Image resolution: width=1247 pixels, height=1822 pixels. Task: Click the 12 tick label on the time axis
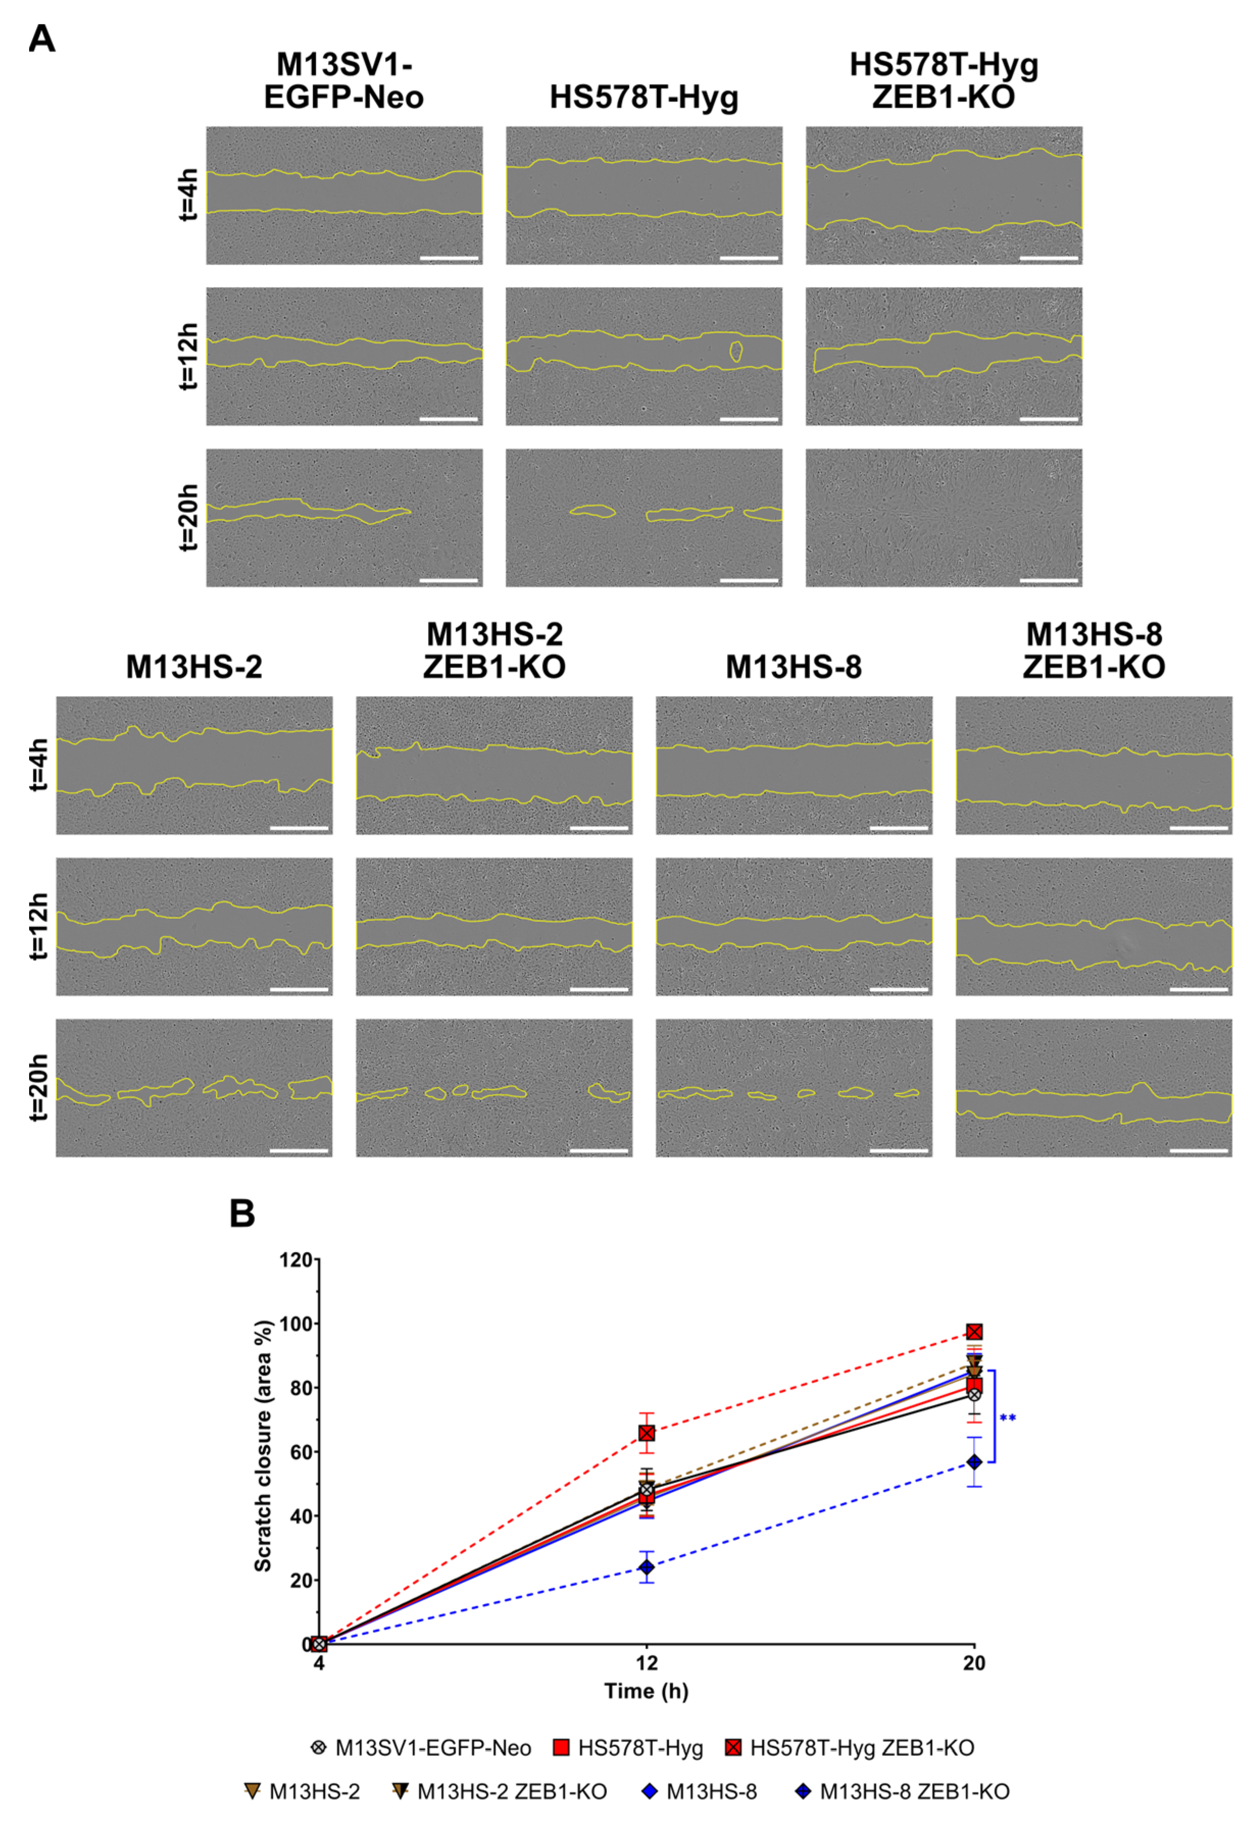point(646,1663)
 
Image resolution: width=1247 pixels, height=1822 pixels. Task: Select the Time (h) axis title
point(646,1691)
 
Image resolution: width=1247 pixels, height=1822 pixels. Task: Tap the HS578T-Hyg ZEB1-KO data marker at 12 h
point(646,1432)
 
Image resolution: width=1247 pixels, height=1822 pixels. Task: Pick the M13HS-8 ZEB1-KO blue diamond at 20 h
point(974,1462)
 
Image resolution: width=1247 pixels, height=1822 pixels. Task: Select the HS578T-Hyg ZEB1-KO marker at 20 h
point(974,1332)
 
